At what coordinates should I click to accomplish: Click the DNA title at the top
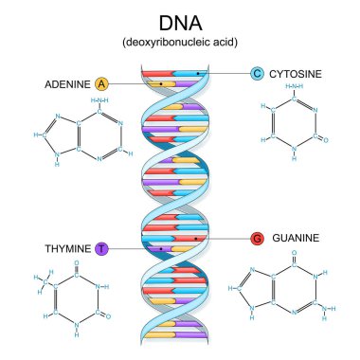coord(179,23)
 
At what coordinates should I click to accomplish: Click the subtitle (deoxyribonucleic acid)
coord(179,43)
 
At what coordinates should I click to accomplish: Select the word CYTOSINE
coord(298,73)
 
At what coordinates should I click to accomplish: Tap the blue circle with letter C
coord(257,73)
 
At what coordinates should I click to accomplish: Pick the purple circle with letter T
coord(102,248)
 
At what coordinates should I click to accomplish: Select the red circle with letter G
coord(257,238)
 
